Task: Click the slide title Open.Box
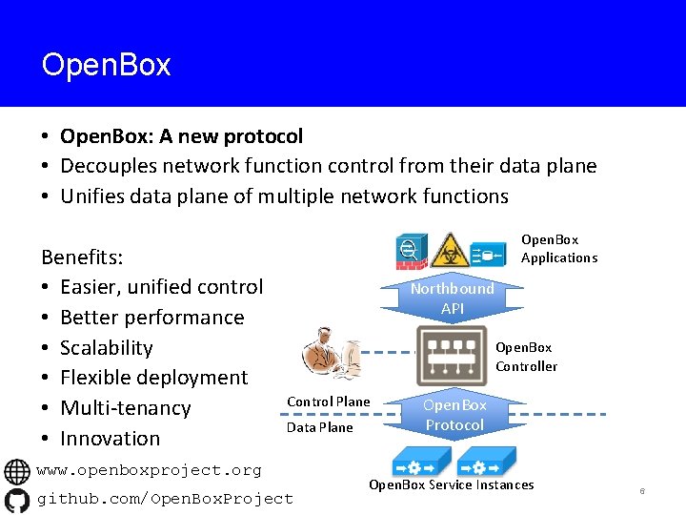click(x=106, y=65)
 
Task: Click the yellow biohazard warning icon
click(x=447, y=251)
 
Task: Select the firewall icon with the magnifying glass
click(x=413, y=250)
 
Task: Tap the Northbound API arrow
click(x=452, y=298)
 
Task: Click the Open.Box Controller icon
click(x=452, y=356)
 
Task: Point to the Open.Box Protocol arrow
click(x=454, y=415)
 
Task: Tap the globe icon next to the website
click(x=17, y=471)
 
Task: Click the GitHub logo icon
click(x=17, y=499)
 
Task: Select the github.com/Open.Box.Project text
click(x=165, y=499)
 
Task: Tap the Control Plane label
click(x=328, y=402)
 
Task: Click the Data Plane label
click(x=319, y=427)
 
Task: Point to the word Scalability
click(x=106, y=347)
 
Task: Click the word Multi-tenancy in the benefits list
click(x=125, y=408)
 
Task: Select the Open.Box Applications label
click(x=558, y=249)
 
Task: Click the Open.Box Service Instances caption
click(x=451, y=485)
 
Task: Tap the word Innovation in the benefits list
click(x=110, y=439)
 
